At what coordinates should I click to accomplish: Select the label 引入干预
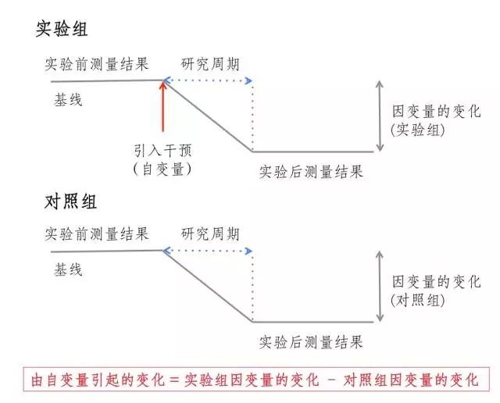coord(162,152)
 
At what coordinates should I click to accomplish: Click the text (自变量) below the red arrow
coord(162,169)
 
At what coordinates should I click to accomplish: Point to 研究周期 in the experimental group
coord(211,64)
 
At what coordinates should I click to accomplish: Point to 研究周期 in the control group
coord(211,234)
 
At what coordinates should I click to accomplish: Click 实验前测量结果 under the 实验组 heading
coord(96,64)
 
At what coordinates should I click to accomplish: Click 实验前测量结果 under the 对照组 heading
coord(96,234)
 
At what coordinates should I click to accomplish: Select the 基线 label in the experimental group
coord(68,101)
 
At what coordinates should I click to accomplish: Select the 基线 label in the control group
coord(68,270)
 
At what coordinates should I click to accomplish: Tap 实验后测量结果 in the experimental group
coord(311,172)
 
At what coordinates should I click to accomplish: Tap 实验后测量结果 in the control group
coord(311,341)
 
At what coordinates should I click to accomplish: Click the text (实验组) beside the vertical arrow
coord(418,130)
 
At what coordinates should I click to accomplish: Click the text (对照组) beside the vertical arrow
coord(418,300)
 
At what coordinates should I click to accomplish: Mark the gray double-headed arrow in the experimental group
coord(380,115)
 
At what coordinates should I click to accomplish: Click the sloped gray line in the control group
coord(207,285)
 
